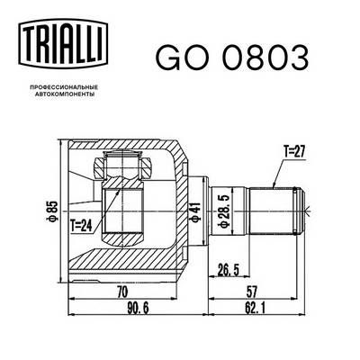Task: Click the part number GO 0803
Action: tap(231, 56)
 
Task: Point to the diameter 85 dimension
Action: tap(53, 211)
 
